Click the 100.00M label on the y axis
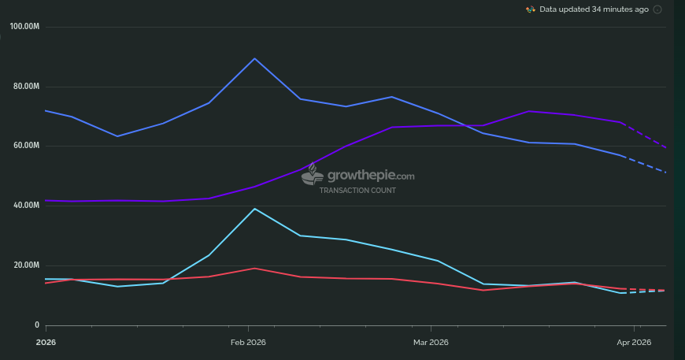click(24, 27)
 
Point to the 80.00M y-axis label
click(26, 87)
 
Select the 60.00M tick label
click(26, 146)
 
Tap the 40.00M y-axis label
click(26, 206)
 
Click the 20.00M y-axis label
click(26, 265)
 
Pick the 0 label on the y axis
click(36, 325)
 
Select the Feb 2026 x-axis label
click(249, 342)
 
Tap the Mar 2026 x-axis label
click(431, 342)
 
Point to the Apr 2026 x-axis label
click(634, 342)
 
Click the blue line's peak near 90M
click(254, 58)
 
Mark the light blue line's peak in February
click(254, 209)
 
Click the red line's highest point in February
click(254, 269)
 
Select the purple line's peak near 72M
click(529, 111)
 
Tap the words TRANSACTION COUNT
click(357, 191)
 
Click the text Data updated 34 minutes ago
click(594, 9)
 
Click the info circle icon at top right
click(657, 9)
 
